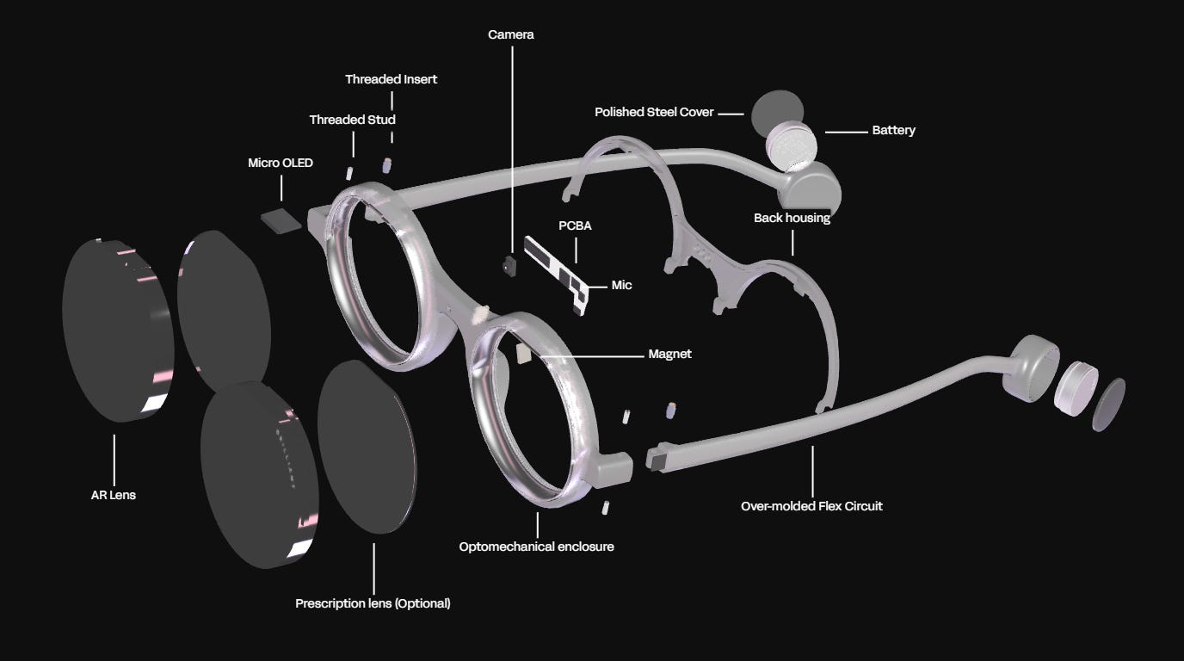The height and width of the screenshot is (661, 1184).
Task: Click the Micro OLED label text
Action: click(x=281, y=163)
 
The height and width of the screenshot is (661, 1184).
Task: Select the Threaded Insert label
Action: click(x=392, y=79)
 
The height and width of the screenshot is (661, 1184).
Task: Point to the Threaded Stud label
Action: click(x=353, y=120)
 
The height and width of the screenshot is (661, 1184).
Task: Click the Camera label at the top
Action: click(x=511, y=34)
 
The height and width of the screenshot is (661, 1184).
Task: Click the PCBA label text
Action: click(x=576, y=226)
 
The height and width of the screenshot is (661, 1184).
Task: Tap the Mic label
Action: click(x=621, y=285)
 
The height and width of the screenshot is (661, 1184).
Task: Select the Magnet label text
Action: click(x=669, y=354)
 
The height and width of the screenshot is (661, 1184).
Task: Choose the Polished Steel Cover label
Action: click(x=654, y=113)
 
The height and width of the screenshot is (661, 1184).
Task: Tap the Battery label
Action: click(x=893, y=131)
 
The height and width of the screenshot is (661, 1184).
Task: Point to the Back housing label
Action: click(x=792, y=218)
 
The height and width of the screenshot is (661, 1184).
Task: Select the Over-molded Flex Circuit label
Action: click(x=811, y=506)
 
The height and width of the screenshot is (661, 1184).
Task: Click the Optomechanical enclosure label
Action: click(x=536, y=547)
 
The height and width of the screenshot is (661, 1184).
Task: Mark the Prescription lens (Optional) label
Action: click(x=373, y=603)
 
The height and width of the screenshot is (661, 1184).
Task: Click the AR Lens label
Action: click(x=113, y=495)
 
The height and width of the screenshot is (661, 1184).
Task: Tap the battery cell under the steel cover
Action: click(x=797, y=145)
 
